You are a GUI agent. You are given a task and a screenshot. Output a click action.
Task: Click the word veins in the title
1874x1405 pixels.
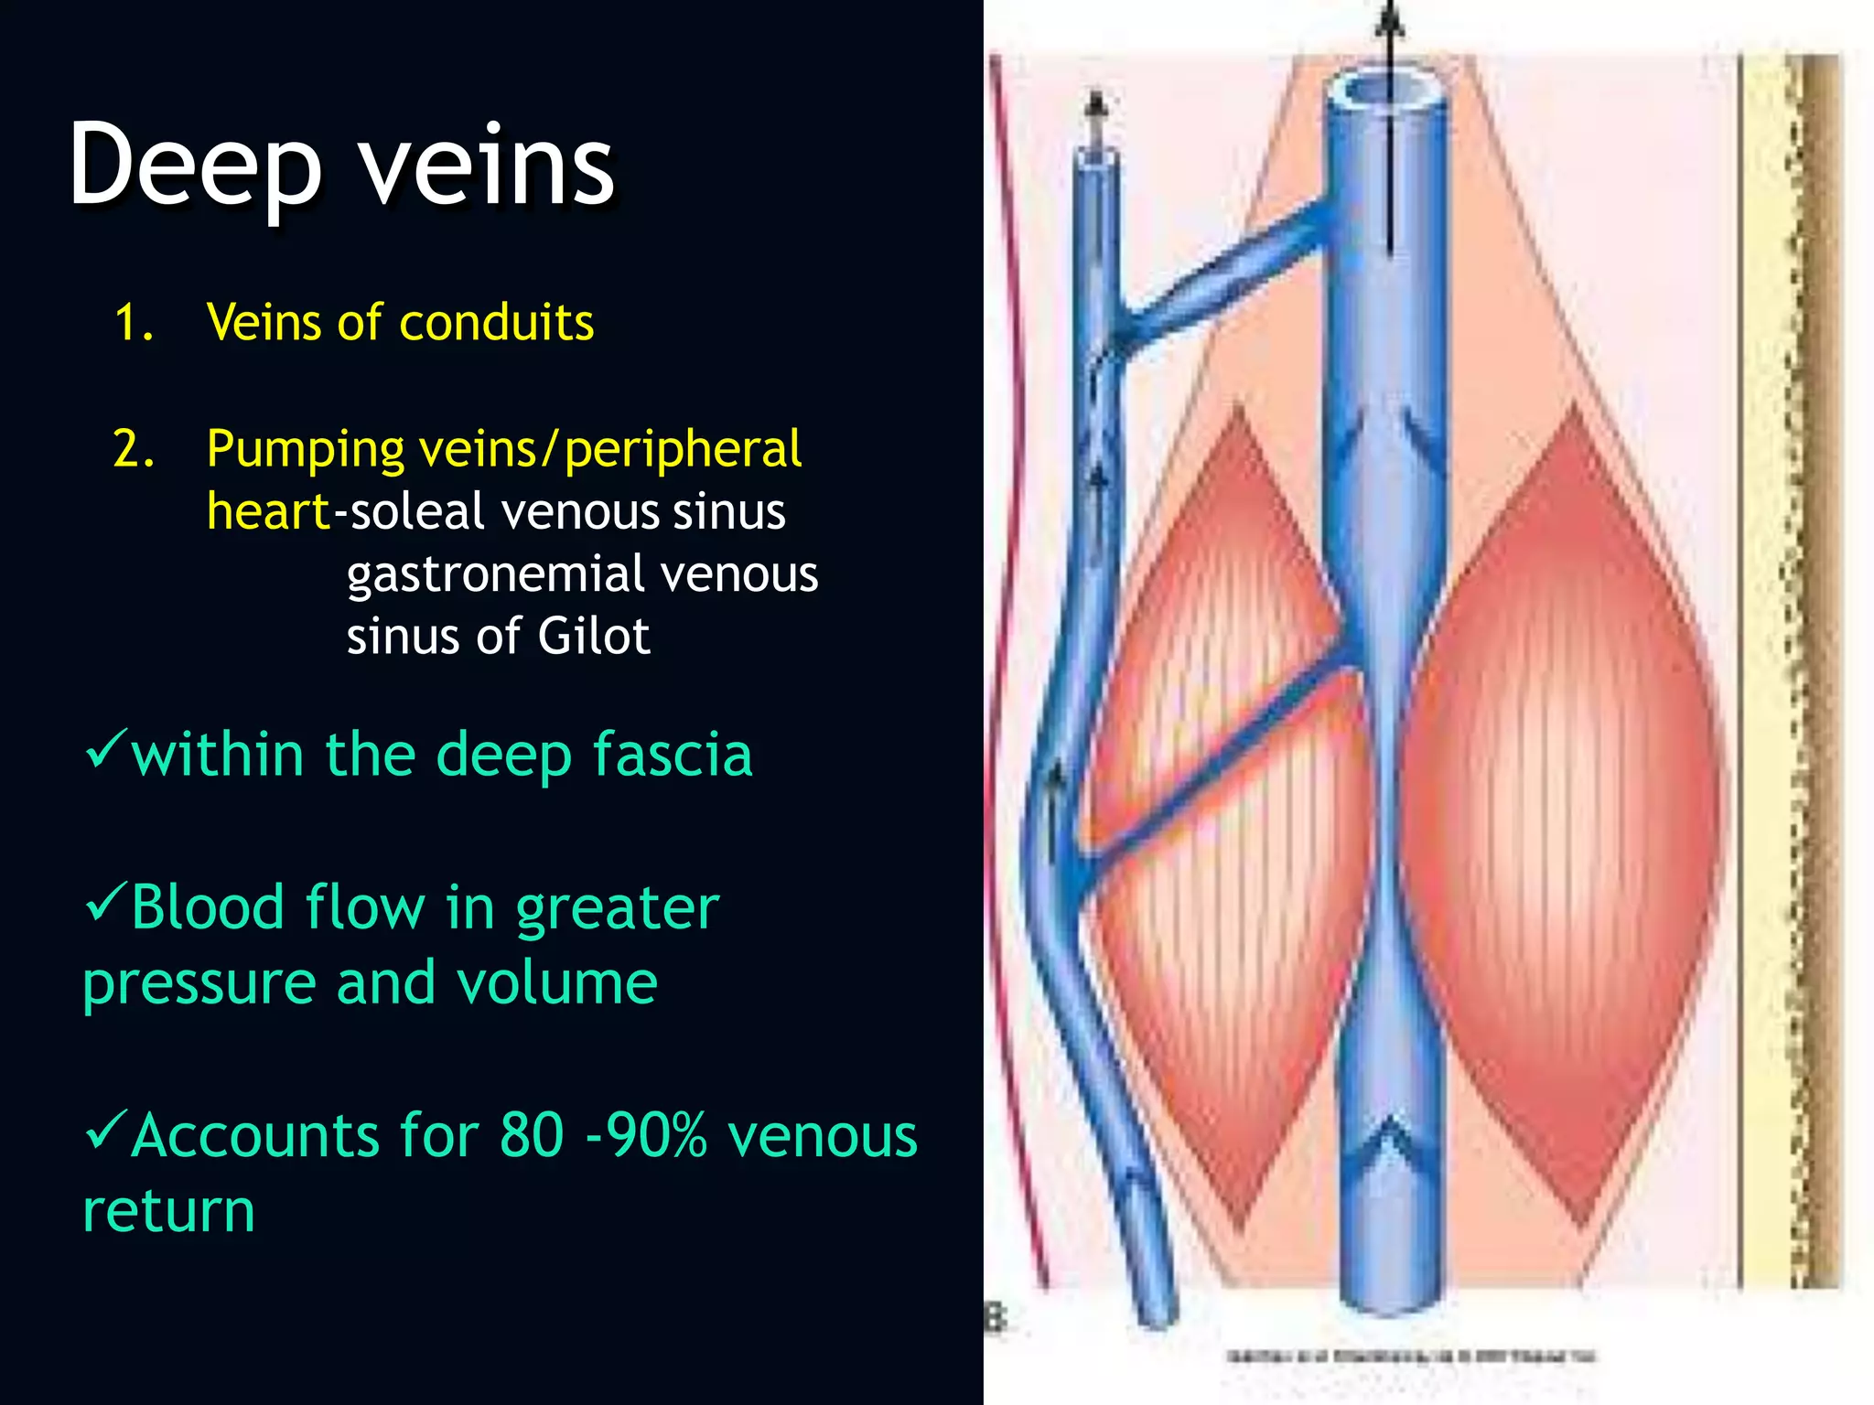pos(486,168)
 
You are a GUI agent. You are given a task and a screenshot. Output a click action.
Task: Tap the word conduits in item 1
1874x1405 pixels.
pos(496,323)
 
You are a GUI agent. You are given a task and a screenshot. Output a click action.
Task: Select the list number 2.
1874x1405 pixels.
pos(134,450)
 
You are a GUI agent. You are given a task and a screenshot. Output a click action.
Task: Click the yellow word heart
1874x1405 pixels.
pos(268,511)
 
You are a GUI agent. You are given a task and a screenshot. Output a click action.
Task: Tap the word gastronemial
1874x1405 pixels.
pos(496,574)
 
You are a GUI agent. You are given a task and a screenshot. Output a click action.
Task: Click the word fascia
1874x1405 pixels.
pos(672,756)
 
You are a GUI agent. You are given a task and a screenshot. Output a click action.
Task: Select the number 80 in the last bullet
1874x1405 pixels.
pos(532,1136)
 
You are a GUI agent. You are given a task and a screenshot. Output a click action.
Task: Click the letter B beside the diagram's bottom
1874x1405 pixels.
pos(996,1318)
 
